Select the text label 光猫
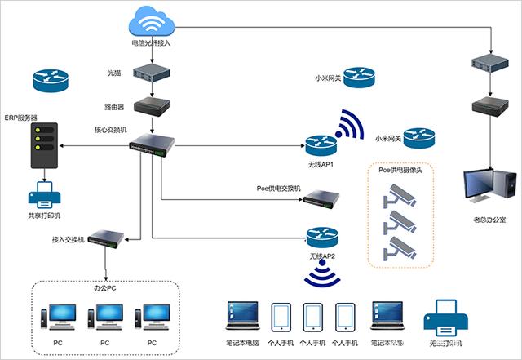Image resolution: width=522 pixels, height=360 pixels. (115, 73)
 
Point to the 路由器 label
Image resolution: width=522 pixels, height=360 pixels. (114, 107)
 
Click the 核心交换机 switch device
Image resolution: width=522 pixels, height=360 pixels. (151, 144)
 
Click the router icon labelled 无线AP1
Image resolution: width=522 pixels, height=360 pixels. (321, 145)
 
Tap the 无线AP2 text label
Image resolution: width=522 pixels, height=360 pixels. (322, 256)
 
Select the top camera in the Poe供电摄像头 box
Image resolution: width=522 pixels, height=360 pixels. (400, 193)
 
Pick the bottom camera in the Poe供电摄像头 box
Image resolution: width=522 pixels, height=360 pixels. (400, 247)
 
